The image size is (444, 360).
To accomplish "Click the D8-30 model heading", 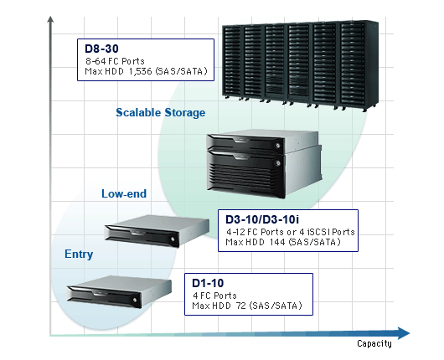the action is pos(101,49).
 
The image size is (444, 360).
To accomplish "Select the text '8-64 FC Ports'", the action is pos(115,61).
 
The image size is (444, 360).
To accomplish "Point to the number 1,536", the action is pos(141,71).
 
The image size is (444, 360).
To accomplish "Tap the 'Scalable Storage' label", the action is pos(161,112).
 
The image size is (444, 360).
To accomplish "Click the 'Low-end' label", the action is pos(124,193).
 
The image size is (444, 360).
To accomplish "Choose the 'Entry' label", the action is pos(79,254).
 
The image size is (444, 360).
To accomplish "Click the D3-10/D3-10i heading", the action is pos(262,219).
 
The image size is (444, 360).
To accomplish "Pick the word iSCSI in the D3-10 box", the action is pos(315,232).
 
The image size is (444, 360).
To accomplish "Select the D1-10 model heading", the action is pos(208,283).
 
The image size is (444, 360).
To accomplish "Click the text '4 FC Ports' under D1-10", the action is pos(214,296).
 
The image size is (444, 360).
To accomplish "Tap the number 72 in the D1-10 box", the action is pos(240,306).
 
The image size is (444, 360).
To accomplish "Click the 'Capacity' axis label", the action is pos(374,343).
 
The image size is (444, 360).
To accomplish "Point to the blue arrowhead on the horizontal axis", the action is pos(404,333).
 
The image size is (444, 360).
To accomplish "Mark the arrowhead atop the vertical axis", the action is pos(50,19).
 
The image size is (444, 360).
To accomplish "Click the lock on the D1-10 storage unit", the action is pos(135,300).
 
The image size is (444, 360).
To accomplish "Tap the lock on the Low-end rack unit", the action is pos(173,239).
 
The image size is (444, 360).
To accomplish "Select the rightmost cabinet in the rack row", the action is pos(359,65).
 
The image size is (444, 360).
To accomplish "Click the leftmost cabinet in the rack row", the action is pos(233,63).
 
